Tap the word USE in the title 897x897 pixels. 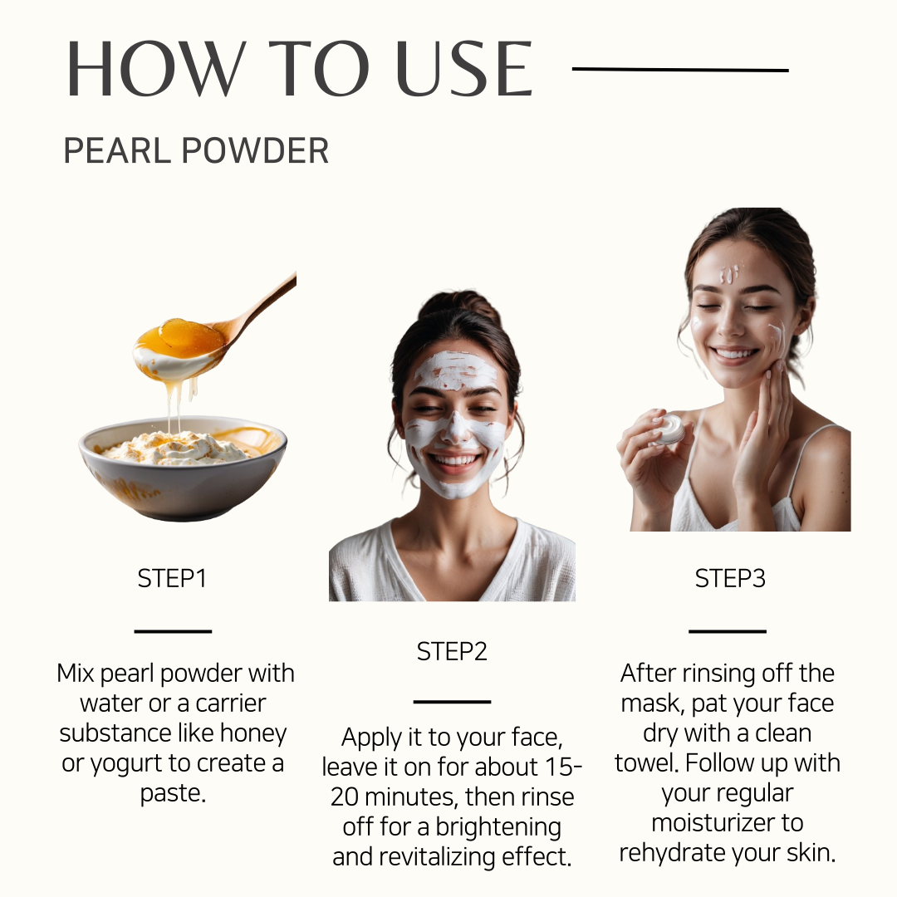[464, 69]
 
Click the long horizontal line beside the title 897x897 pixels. [680, 70]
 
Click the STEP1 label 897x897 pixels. [172, 578]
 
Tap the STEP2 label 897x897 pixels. [452, 652]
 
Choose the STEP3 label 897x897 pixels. [730, 578]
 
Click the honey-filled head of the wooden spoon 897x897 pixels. [179, 347]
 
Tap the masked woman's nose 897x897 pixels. [457, 428]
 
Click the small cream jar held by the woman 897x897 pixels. [668, 429]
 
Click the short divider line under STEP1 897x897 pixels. [173, 631]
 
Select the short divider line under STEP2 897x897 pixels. [452, 701]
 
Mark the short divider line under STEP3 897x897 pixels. [727, 631]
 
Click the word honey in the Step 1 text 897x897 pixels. [253, 734]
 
